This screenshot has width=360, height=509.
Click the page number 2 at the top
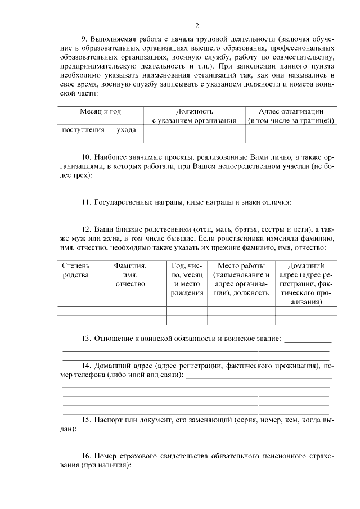pos(197,25)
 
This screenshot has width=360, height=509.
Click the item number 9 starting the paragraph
pos(84,39)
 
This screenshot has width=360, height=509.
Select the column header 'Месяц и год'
pos(100,111)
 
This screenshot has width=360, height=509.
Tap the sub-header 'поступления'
pos(83,130)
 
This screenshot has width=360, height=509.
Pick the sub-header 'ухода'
pos(126,130)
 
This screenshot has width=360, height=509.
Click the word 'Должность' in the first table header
pos(194,111)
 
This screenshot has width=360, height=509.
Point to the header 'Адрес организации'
pos(291,111)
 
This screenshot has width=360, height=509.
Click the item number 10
pos(86,158)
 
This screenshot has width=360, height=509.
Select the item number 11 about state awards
pos(86,202)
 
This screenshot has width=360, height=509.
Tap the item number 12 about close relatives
pos(86,229)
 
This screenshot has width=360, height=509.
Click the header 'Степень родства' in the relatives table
pos(75,270)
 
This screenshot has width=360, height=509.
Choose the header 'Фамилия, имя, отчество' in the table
pos(130,274)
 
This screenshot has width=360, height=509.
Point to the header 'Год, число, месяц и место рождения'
pos(187,279)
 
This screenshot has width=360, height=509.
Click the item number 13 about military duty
pos(86,339)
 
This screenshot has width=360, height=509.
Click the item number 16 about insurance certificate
pos(86,456)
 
